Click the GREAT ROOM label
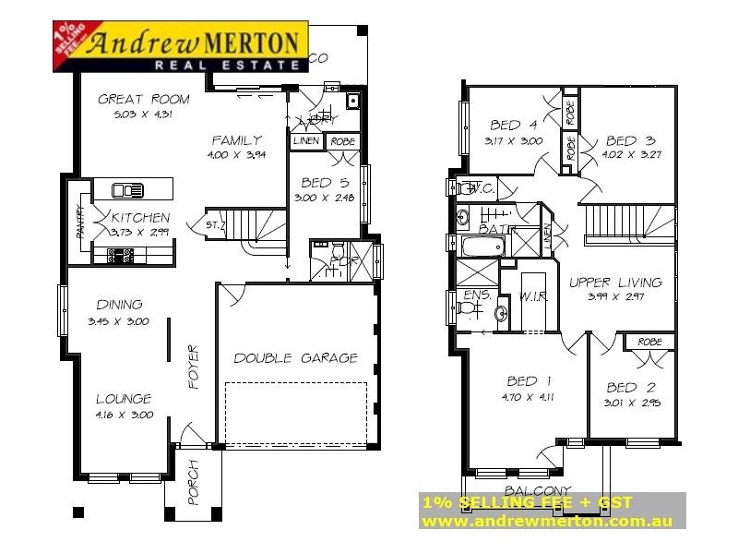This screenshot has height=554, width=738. coord(144,99)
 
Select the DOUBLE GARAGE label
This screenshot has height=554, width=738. coord(295,358)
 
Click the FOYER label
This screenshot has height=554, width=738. coord(194,367)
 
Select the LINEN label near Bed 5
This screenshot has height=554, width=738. coord(306,141)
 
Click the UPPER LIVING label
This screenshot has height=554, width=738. coord(615,282)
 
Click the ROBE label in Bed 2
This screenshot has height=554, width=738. coord(649,342)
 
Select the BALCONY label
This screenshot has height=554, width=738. coord(537,490)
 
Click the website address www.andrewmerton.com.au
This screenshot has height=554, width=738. coord(546,521)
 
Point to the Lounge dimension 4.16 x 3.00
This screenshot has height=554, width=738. coord(124,415)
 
